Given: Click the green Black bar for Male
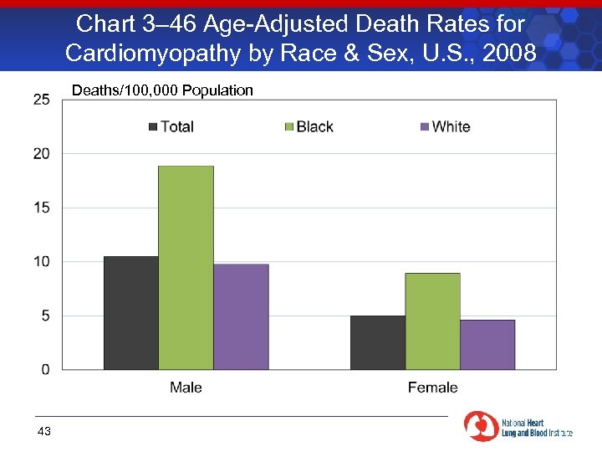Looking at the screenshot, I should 186,268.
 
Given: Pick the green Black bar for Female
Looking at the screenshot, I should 432,321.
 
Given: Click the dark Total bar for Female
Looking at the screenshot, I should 377,342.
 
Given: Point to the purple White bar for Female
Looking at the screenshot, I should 487,344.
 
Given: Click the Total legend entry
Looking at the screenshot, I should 171,126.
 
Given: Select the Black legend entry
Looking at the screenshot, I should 309,126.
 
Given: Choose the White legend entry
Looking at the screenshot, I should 445,126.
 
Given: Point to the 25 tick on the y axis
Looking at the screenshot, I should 42,100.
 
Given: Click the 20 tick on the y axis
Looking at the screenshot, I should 42,154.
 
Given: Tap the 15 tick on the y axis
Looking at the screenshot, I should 42,208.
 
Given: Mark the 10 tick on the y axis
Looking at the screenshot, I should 42,262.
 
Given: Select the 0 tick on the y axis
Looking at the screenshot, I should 45,369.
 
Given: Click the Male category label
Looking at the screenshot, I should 186,388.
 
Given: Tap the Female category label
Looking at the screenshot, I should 432,388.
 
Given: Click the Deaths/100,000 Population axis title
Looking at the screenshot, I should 162,90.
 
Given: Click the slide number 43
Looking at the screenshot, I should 44,431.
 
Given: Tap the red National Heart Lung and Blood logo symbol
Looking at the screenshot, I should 481,426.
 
